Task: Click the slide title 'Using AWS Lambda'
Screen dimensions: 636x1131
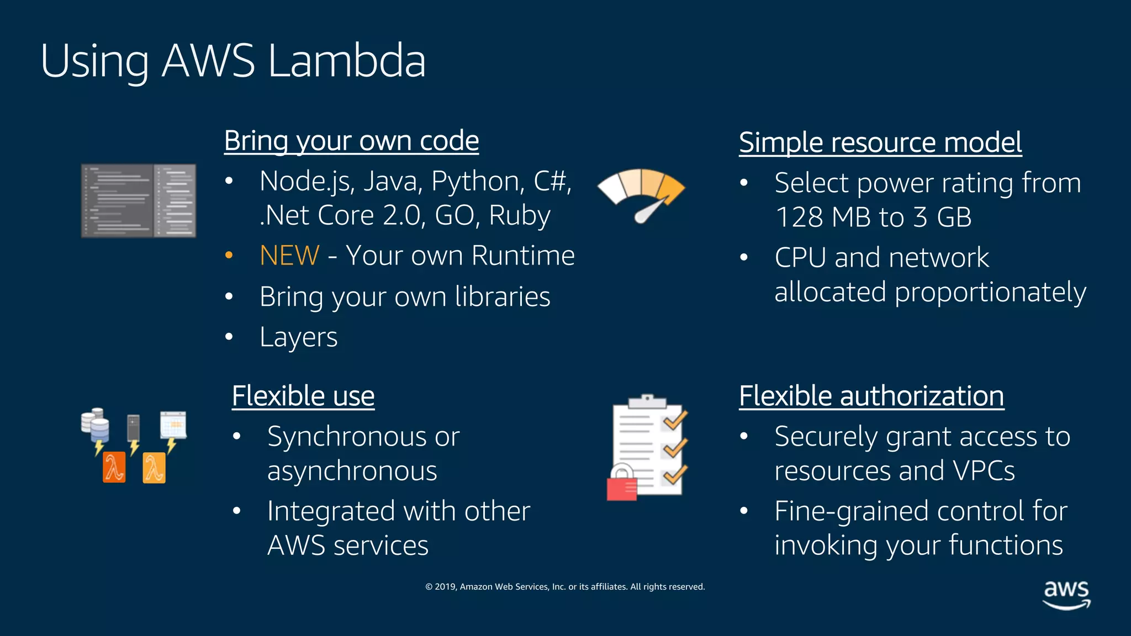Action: click(x=232, y=61)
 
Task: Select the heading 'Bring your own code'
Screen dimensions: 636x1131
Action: click(x=351, y=141)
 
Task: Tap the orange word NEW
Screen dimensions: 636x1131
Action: click(x=289, y=256)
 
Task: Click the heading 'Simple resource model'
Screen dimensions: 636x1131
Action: click(x=880, y=142)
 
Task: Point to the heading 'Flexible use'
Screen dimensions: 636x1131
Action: click(x=303, y=396)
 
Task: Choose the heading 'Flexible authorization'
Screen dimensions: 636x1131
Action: click(x=871, y=396)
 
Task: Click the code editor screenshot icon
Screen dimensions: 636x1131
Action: click(x=139, y=201)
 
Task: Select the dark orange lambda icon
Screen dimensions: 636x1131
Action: click(x=114, y=468)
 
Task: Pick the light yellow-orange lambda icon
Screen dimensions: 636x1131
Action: click(x=154, y=468)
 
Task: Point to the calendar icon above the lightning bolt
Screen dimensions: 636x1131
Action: click(x=173, y=425)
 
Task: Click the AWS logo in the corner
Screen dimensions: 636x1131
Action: click(x=1066, y=594)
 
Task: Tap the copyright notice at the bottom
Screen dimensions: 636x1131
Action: click(x=565, y=586)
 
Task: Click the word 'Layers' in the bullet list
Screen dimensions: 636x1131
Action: click(x=298, y=337)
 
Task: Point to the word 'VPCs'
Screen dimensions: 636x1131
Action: click(x=984, y=471)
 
